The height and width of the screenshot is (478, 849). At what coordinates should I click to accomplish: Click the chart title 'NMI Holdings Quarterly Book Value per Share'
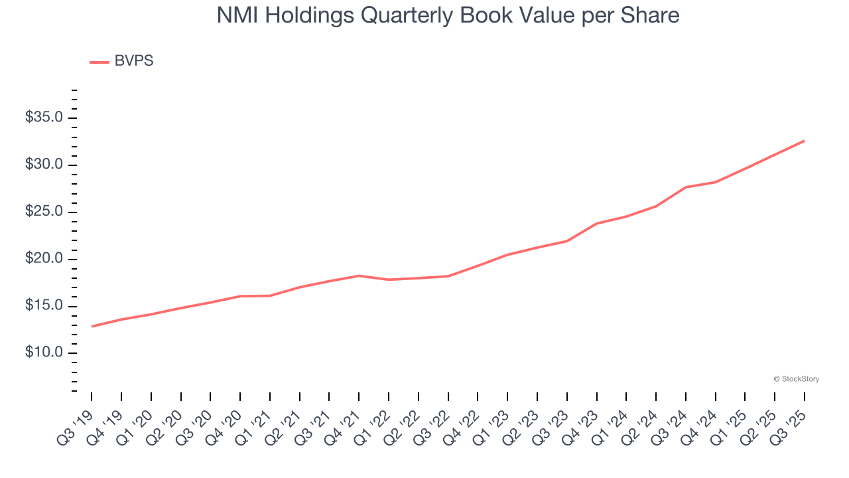pos(448,15)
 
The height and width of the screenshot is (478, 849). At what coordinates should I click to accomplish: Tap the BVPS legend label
pos(133,61)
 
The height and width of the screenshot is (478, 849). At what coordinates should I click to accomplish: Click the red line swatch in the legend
pos(99,62)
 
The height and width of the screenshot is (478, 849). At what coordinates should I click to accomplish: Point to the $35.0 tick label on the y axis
pos(44,118)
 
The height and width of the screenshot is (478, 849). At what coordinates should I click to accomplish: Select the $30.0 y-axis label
pos(44,165)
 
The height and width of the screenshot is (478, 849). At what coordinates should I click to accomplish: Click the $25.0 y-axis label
pos(44,212)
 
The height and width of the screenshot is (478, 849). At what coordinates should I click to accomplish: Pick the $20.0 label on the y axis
pos(44,258)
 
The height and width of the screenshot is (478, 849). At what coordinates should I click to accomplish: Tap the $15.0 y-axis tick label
pos(44,305)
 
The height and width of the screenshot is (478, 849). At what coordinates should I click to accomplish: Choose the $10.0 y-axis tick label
pos(44,353)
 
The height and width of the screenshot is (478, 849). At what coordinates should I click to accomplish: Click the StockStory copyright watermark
pos(796,379)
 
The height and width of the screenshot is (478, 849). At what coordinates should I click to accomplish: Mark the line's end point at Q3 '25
pos(804,141)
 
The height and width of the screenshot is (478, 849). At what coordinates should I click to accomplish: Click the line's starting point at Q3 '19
pos(92,326)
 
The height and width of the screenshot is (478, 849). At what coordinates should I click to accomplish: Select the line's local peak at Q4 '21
pos(359,276)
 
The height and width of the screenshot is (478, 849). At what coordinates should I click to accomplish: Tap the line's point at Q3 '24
pos(686,187)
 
